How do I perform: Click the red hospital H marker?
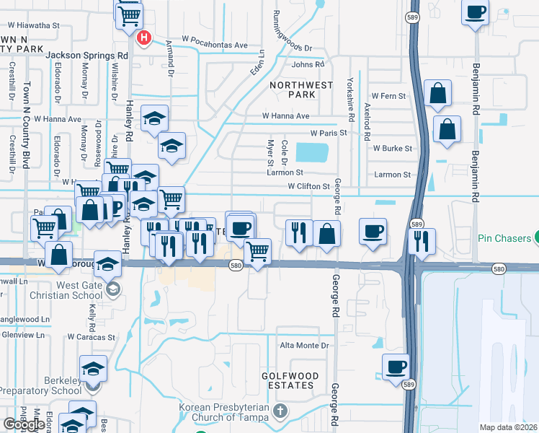coord(144,38)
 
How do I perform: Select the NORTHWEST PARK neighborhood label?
coord(302,89)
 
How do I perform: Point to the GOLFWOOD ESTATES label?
coord(288,380)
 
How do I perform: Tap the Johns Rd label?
coord(308,65)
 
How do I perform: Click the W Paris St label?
coord(329,133)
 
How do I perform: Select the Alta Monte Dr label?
coord(303,346)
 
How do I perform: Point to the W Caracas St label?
coord(92,337)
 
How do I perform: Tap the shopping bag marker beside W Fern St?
coord(437,93)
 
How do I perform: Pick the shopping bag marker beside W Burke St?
coord(447,130)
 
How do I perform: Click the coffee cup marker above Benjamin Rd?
coord(476,13)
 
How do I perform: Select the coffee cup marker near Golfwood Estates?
coord(395,367)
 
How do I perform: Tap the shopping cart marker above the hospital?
coord(129,14)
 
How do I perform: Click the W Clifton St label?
coord(308,186)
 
